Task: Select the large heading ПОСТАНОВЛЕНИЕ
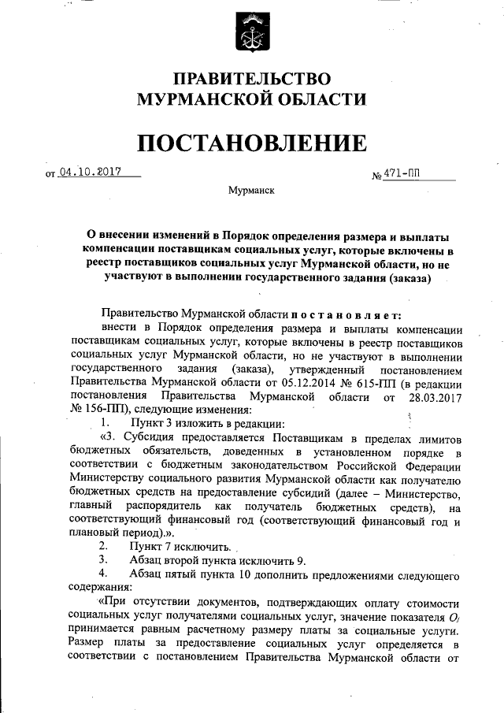[x=252, y=143]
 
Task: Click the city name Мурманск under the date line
[x=251, y=191]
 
